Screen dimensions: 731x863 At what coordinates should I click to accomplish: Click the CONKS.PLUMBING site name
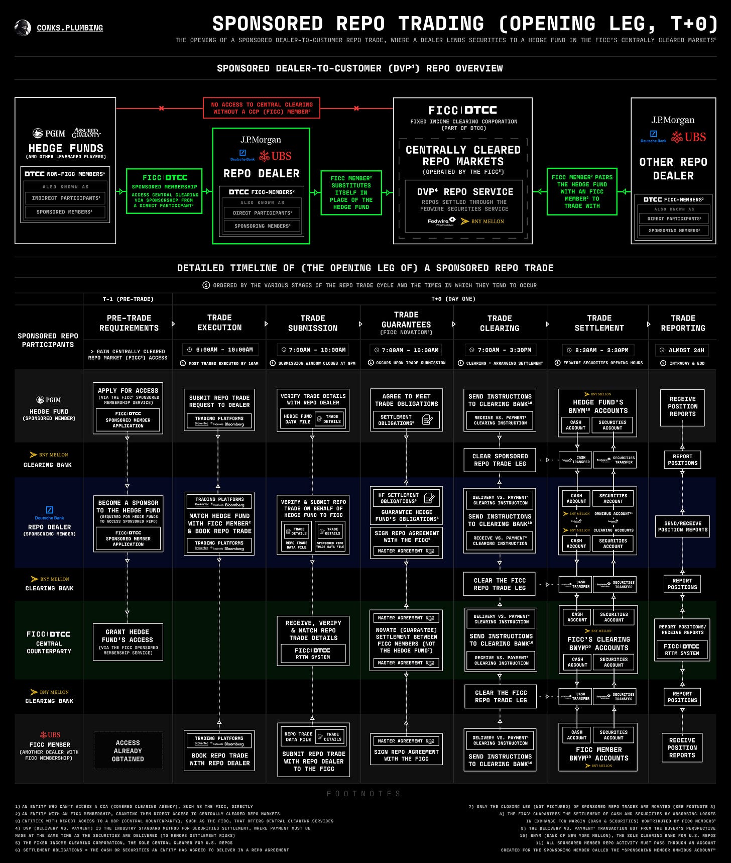point(70,28)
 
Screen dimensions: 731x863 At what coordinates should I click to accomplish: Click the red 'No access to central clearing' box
point(262,108)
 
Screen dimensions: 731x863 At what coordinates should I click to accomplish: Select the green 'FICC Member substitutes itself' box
point(351,192)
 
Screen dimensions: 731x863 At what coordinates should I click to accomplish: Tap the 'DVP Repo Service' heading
point(465,192)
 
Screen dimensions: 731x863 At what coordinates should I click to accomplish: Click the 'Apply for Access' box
point(128,408)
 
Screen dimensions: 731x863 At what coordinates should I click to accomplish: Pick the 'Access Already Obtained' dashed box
point(128,750)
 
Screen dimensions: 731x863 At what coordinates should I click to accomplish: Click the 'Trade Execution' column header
point(219,322)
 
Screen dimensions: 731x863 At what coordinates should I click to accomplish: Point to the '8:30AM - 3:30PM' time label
point(599,350)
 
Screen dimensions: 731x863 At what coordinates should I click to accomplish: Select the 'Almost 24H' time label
point(683,350)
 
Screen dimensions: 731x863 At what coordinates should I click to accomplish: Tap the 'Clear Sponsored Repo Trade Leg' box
point(500,460)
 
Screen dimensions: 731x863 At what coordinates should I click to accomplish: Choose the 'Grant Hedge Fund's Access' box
point(128,642)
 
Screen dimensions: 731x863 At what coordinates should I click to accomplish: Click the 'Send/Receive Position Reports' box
point(682,526)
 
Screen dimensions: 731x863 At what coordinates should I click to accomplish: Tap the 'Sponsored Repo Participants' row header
point(48,340)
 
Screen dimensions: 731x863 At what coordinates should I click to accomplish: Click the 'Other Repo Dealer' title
point(673,169)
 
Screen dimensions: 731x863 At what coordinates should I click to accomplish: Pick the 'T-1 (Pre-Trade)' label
point(128,299)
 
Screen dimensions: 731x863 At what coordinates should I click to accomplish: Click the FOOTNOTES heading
point(364,794)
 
